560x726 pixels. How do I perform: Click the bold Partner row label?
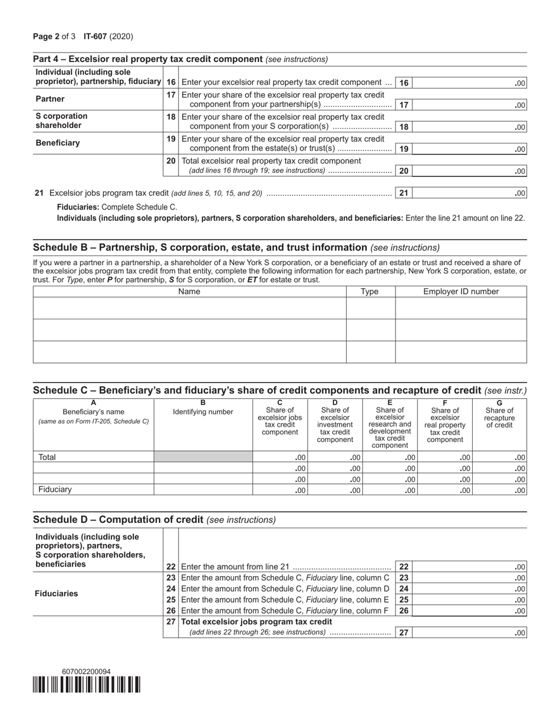[x=50, y=99]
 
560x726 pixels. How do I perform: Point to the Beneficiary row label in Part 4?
[x=58, y=143]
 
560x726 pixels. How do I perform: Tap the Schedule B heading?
[x=200, y=247]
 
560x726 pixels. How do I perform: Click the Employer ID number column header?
[x=460, y=292]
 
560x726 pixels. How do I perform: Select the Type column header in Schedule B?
[x=370, y=292]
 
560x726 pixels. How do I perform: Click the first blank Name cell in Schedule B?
[x=189, y=308]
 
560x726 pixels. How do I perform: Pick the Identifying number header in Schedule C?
[x=203, y=412]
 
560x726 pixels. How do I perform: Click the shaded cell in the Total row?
[x=203, y=457]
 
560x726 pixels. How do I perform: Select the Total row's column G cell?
[x=499, y=457]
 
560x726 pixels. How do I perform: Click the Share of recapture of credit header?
[x=499, y=417]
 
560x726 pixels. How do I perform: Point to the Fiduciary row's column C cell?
[x=279, y=490]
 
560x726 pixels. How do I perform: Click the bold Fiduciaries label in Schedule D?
[x=57, y=594]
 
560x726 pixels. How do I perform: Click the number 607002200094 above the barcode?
[x=86, y=672]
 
